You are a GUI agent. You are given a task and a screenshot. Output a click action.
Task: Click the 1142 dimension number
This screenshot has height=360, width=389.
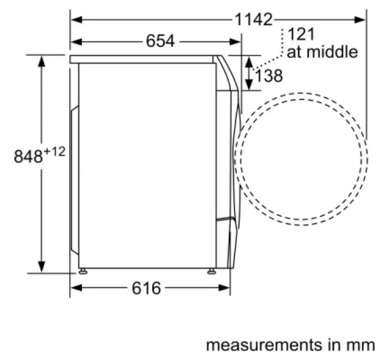(x=253, y=19)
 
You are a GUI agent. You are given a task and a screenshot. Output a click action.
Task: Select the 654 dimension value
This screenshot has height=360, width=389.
(x=160, y=41)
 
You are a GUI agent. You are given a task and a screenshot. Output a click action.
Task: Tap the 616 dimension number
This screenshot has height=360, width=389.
(x=146, y=288)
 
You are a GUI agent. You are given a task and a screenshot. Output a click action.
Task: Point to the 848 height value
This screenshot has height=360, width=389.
(x=28, y=157)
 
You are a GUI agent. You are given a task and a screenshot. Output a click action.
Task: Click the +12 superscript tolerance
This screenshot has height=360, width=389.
(x=54, y=151)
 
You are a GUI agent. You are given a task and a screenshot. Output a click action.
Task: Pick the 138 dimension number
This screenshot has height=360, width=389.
(x=269, y=75)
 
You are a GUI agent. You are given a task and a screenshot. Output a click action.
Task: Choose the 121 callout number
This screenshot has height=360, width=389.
(x=301, y=34)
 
